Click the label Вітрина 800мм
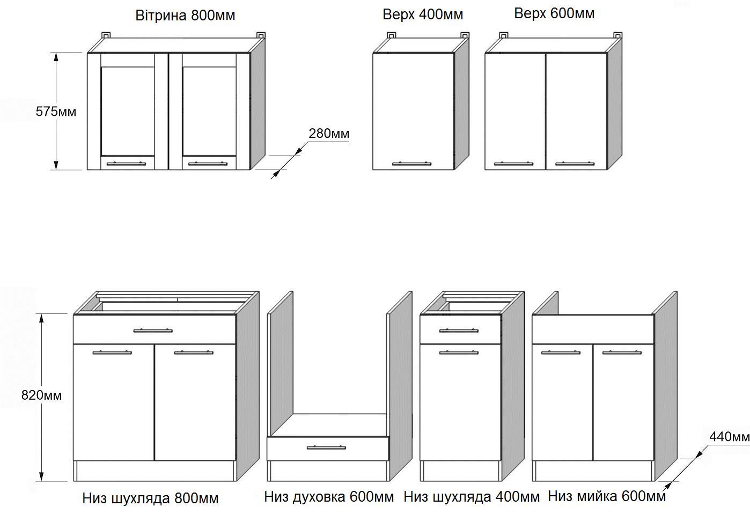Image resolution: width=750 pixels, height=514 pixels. tap(185, 15)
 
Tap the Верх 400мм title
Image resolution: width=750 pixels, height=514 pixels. tap(423, 14)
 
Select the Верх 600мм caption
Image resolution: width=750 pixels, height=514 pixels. tap(554, 13)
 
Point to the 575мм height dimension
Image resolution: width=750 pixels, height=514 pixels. tap(56, 112)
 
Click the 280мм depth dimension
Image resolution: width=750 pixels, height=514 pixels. tap(329, 134)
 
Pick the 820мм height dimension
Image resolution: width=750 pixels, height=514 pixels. tap(41, 395)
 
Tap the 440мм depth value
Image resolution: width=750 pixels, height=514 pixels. tap(729, 437)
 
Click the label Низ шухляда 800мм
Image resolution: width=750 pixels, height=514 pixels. tap(150, 498)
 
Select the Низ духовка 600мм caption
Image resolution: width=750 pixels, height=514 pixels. tap(329, 497)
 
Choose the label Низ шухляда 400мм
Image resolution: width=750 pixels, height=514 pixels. tap(472, 497)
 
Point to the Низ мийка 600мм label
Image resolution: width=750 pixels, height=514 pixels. tap(607, 496)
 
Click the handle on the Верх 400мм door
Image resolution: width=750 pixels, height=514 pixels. tap(413, 163)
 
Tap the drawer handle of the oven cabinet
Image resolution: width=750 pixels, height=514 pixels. tap(326, 447)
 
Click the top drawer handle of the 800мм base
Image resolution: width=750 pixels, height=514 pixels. tap(153, 331)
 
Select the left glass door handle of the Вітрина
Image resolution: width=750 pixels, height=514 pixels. tap(126, 164)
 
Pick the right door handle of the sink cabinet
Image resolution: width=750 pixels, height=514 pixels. tap(621, 353)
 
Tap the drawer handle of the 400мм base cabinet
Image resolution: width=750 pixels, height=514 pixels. tap(459, 330)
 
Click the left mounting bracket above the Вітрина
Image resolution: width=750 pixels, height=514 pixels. tap(106, 35)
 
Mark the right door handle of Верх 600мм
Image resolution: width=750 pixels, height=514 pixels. tap(575, 163)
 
